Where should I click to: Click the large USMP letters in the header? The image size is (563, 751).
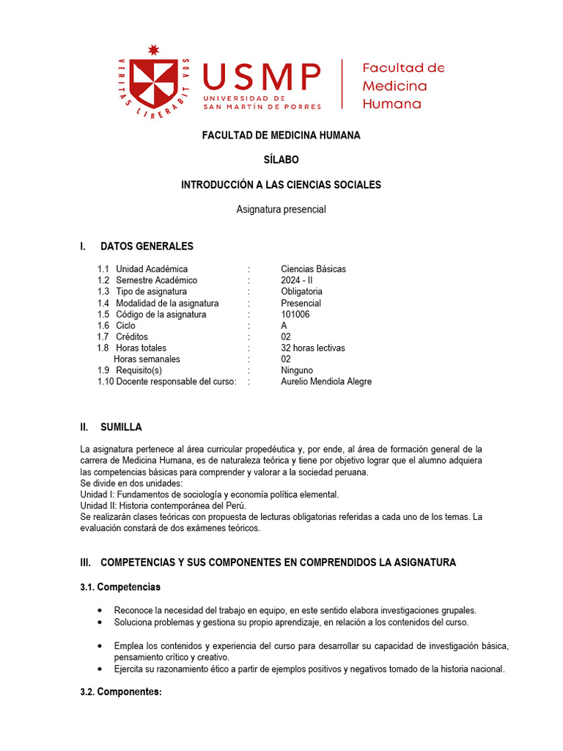262,77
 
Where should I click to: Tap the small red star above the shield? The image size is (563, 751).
153,50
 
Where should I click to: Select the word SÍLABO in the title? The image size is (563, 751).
281,160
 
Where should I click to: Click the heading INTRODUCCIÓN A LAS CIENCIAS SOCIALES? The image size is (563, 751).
281,185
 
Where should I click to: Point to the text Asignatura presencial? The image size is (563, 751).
281,209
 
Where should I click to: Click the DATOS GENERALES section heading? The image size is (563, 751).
147,246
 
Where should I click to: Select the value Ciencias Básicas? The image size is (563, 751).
313,269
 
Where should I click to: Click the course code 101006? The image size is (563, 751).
295,315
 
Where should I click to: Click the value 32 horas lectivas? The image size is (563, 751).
313,348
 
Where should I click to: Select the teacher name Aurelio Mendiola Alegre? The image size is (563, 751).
326,381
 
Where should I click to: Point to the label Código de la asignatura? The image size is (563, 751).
161,315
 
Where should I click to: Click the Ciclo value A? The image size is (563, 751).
284,326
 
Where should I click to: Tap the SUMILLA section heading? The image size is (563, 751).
121,427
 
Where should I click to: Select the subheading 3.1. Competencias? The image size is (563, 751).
120,587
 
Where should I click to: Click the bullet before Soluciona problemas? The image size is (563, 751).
100,622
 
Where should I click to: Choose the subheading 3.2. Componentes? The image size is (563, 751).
120,692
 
